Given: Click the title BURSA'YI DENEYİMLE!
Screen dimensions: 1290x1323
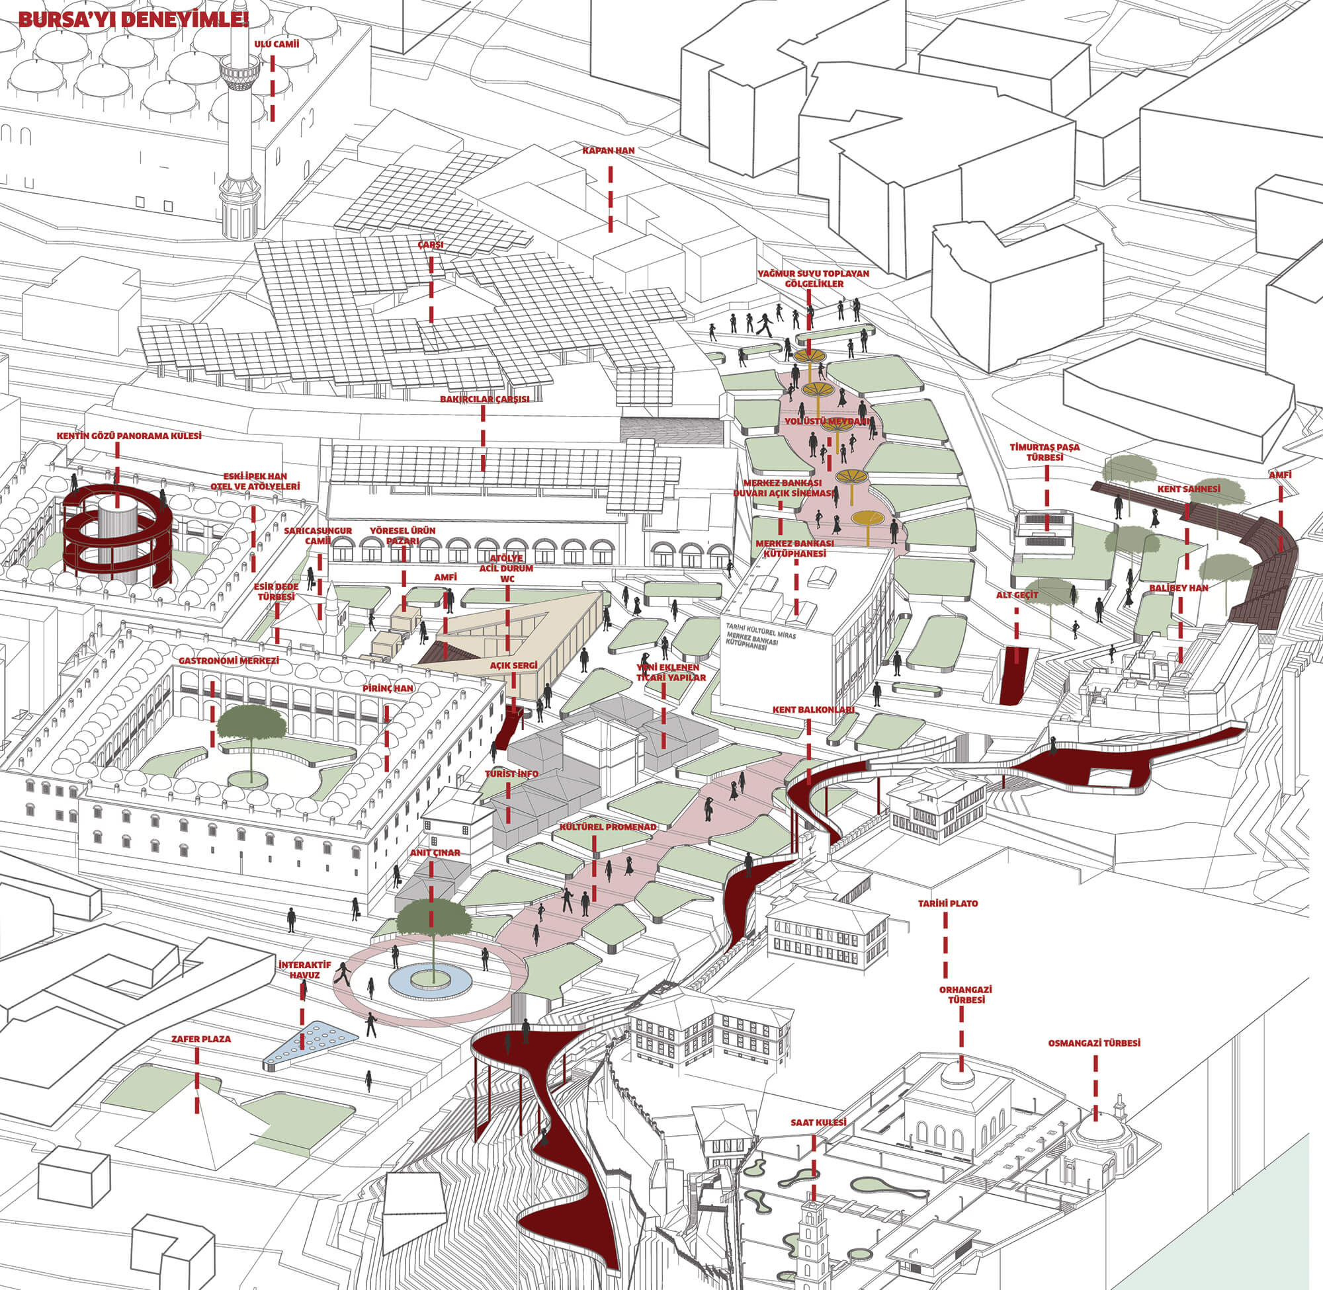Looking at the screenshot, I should pos(134,19).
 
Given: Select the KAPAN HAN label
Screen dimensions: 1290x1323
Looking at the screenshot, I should pos(608,150).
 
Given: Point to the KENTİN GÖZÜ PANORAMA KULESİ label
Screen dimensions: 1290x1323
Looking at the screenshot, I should pos(129,436).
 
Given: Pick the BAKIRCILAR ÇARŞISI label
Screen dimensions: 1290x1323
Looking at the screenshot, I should pos(484,399).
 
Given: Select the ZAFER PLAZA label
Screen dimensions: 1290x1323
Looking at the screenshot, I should pos(200,1039).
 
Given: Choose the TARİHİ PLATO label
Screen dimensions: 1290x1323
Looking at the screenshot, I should pos(947,904).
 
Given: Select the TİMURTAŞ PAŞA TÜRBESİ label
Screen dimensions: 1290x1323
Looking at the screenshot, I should pos(1045,452).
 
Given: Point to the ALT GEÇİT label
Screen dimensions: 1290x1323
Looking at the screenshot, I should pos(1017,595).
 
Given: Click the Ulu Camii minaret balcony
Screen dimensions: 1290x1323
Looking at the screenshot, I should pos(240,71).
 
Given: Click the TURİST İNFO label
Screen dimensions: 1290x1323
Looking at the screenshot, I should pos(512,774).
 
